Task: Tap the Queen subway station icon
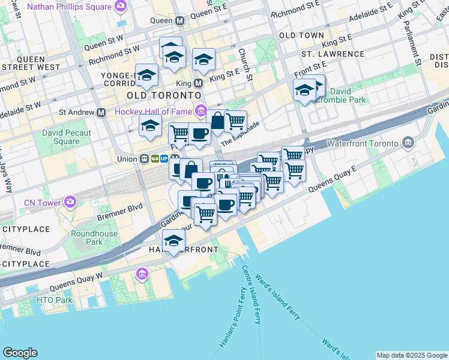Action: (179, 20)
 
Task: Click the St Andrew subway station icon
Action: (101, 112)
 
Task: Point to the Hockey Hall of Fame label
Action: (152, 112)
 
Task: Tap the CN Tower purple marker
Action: (71, 202)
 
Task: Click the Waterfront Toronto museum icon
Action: (408, 143)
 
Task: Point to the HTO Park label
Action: (54, 300)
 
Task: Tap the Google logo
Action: (20, 353)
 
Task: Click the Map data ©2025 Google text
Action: (411, 355)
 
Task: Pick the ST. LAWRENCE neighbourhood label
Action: (333, 54)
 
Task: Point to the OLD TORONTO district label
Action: (163, 95)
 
